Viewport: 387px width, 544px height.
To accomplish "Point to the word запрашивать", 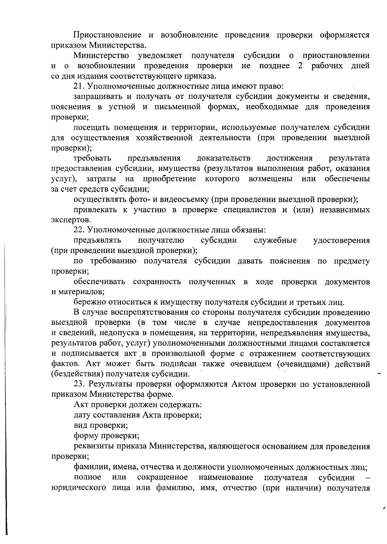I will pyautogui.click(x=99, y=97).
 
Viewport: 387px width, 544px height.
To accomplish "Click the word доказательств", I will pyautogui.click(x=223, y=158).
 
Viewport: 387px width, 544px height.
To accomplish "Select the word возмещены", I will pyautogui.click(x=270, y=179).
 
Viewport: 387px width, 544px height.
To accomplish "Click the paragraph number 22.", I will pyautogui.click(x=79, y=230).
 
